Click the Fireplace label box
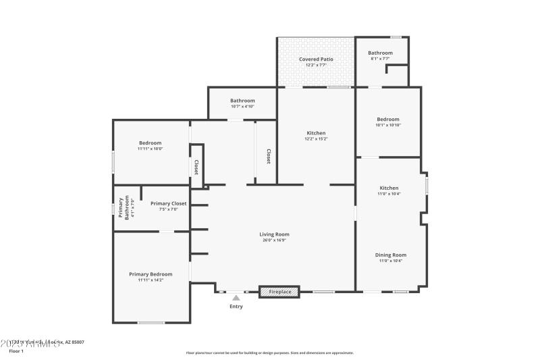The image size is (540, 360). pyautogui.click(x=280, y=292)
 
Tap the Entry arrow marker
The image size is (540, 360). pyautogui.click(x=236, y=297)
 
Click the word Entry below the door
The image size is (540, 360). pyautogui.click(x=236, y=307)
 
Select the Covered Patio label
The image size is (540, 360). pyautogui.click(x=316, y=59)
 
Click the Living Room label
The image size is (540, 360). pyautogui.click(x=274, y=234)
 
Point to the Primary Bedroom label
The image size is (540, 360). pyautogui.click(x=151, y=274)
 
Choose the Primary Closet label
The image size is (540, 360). pyautogui.click(x=168, y=203)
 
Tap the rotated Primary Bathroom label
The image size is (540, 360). pyautogui.click(x=122, y=208)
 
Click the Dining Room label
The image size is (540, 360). pyautogui.click(x=390, y=255)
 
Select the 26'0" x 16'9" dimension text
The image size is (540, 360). pyautogui.click(x=274, y=240)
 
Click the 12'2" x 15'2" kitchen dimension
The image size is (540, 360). pyautogui.click(x=316, y=139)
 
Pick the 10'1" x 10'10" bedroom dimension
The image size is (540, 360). pyautogui.click(x=388, y=125)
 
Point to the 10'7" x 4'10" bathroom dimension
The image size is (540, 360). pyautogui.click(x=242, y=106)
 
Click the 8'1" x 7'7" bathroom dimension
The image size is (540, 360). pyautogui.click(x=380, y=59)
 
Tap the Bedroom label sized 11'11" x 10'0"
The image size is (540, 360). pyautogui.click(x=151, y=143)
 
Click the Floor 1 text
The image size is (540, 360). pyautogui.click(x=16, y=351)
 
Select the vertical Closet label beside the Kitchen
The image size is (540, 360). pyautogui.click(x=268, y=156)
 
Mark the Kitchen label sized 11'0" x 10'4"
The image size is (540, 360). pyautogui.click(x=389, y=188)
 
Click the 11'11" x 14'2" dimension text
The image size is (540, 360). pyautogui.click(x=151, y=280)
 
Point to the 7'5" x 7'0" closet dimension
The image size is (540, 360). pyautogui.click(x=168, y=209)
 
